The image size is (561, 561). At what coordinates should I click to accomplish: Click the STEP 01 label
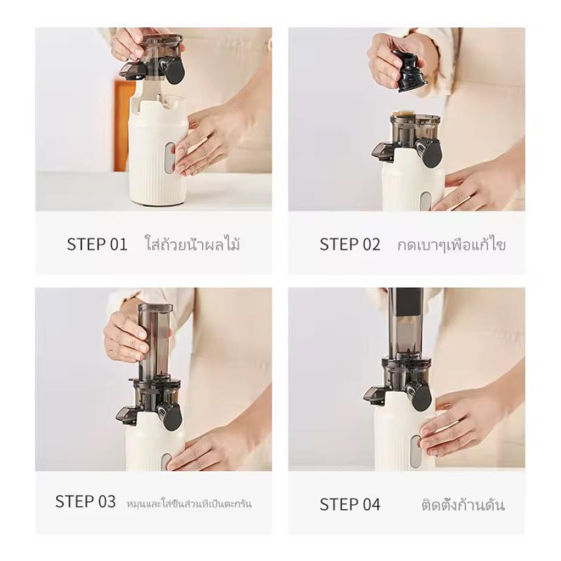pyautogui.click(x=97, y=244)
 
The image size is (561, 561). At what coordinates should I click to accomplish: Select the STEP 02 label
pyautogui.click(x=350, y=244)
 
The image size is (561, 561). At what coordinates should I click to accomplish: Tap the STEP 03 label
pyautogui.click(x=85, y=501)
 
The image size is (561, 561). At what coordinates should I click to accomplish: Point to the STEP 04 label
pyautogui.click(x=350, y=504)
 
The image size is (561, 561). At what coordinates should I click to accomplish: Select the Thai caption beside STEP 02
pyautogui.click(x=451, y=244)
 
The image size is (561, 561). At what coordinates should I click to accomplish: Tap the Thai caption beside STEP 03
pyautogui.click(x=189, y=504)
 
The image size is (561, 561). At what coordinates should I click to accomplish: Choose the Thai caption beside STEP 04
pyautogui.click(x=463, y=504)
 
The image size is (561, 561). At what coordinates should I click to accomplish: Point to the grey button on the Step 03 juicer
pyautogui.click(x=166, y=463)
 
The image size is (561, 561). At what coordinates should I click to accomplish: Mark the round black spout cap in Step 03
pyautogui.click(x=173, y=418)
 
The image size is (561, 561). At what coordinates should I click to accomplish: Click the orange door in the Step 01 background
pyautogui.click(x=122, y=125)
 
